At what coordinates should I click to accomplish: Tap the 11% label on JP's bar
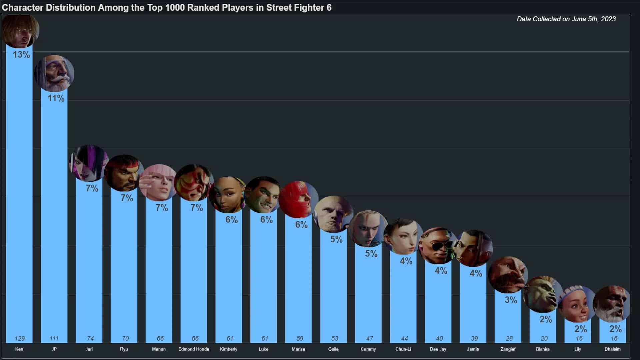(56, 98)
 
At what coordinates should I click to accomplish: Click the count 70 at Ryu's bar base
(125, 338)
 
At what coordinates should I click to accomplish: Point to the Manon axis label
(159, 349)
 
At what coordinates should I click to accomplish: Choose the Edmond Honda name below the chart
(194, 349)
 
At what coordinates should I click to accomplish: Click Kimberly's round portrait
(228, 195)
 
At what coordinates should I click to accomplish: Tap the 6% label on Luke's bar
(266, 219)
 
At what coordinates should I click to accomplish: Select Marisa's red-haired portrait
(298, 199)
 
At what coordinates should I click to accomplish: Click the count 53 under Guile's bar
(335, 338)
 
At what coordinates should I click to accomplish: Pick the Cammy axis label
(368, 349)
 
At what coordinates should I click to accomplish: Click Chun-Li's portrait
(403, 236)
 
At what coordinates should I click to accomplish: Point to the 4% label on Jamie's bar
(476, 273)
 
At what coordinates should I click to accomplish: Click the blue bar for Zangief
(508, 320)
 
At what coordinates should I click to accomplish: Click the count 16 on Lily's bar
(579, 338)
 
